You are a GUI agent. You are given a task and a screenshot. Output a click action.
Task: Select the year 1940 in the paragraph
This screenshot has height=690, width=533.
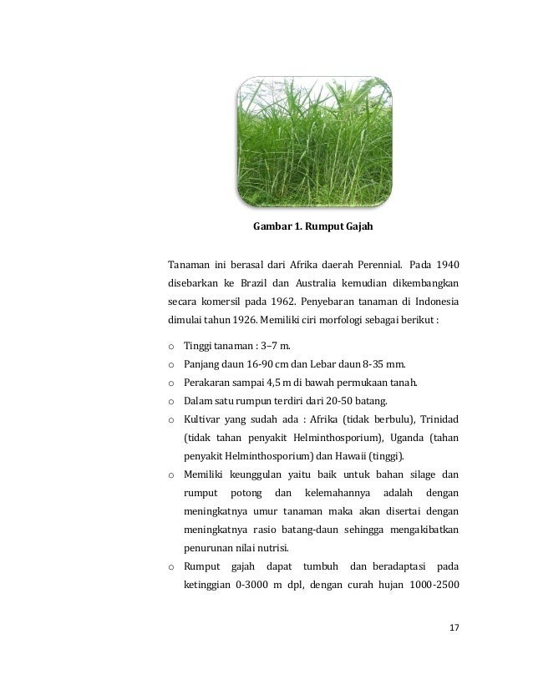pos(444,266)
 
